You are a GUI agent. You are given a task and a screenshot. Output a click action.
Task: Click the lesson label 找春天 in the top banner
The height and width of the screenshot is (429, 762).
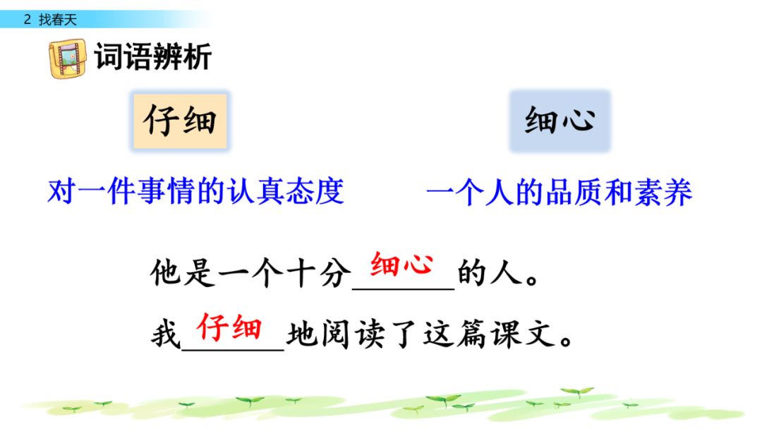[58, 20]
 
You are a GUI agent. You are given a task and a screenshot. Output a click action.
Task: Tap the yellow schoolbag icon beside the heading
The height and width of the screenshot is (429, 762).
[68, 59]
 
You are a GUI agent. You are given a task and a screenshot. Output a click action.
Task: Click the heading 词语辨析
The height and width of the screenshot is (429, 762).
[153, 57]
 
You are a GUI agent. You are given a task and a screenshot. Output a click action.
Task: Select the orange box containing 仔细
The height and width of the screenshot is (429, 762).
[181, 121]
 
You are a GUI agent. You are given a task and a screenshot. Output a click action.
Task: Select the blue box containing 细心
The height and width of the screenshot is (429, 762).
[560, 121]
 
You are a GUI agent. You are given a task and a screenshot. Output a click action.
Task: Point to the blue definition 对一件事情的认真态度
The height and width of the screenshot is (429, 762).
[196, 191]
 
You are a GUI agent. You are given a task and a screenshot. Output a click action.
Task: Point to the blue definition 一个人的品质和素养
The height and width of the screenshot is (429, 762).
[559, 193]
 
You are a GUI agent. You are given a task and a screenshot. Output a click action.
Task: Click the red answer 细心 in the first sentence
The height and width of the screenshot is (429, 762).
[401, 265]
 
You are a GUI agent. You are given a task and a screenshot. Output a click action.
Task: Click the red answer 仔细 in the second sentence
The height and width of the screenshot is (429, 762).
[229, 327]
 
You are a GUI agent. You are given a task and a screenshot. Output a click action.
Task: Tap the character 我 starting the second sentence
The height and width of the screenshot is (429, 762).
[166, 334]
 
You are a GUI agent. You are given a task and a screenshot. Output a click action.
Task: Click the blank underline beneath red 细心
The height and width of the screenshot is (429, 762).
[404, 289]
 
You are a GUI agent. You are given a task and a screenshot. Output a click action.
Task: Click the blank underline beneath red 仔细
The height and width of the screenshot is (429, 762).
[233, 349]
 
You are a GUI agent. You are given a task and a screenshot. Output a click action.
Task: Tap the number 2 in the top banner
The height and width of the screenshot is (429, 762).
[28, 20]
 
